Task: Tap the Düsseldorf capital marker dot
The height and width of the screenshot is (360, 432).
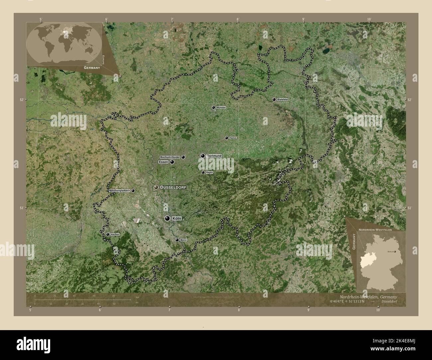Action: coord(156,188)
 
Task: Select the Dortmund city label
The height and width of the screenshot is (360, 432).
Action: coord(214,156)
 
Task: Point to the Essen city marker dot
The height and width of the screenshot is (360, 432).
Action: coord(172,162)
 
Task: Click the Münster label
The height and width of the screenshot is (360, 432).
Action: coord(221,108)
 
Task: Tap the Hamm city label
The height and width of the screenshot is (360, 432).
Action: coord(233,138)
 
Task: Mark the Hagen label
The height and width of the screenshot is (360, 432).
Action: coord(209,172)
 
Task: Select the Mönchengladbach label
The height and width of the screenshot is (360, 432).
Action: coord(120,191)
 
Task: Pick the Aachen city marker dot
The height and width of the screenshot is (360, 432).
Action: coord(108,234)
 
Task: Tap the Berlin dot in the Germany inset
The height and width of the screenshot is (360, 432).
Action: coord(395,252)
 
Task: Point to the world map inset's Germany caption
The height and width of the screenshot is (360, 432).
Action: coord(92,67)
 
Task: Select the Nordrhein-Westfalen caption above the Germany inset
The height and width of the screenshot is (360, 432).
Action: coord(375,229)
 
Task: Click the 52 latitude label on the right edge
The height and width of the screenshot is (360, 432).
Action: coord(409,100)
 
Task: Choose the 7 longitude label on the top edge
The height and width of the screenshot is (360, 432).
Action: coord(172,20)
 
